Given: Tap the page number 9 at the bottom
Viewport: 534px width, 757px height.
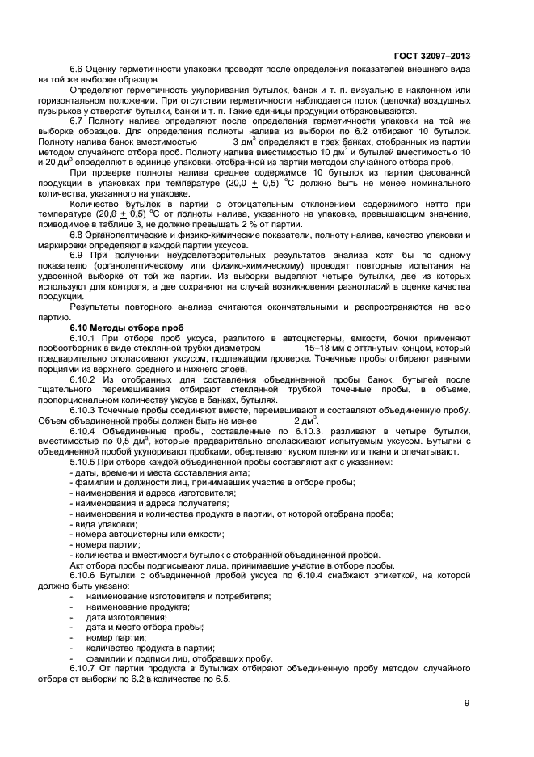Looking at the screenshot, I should coord(467,702).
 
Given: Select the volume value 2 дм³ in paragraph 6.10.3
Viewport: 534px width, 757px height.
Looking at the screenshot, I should coord(305,420).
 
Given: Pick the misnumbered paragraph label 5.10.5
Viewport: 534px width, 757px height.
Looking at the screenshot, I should coord(82,461).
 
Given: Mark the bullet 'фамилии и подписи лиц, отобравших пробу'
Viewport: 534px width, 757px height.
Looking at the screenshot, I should coord(169,658).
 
